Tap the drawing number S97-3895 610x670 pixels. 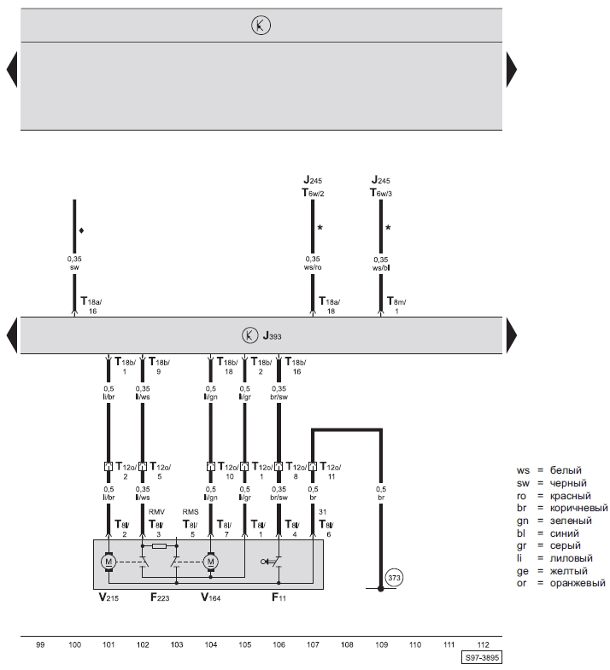[x=483, y=659]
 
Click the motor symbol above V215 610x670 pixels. [x=109, y=561]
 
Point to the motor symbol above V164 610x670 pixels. [x=210, y=561]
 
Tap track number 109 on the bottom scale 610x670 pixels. [x=381, y=645]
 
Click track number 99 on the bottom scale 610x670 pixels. [x=40, y=645]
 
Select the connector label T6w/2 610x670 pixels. [x=313, y=194]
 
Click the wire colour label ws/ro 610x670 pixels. [x=313, y=267]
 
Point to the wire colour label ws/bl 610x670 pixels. [x=380, y=267]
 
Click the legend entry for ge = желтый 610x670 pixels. [x=559, y=570]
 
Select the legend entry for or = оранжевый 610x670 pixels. [x=565, y=583]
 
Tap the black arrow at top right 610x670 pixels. [x=512, y=69]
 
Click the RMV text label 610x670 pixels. [x=156, y=512]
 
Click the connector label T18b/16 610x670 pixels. [x=295, y=367]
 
